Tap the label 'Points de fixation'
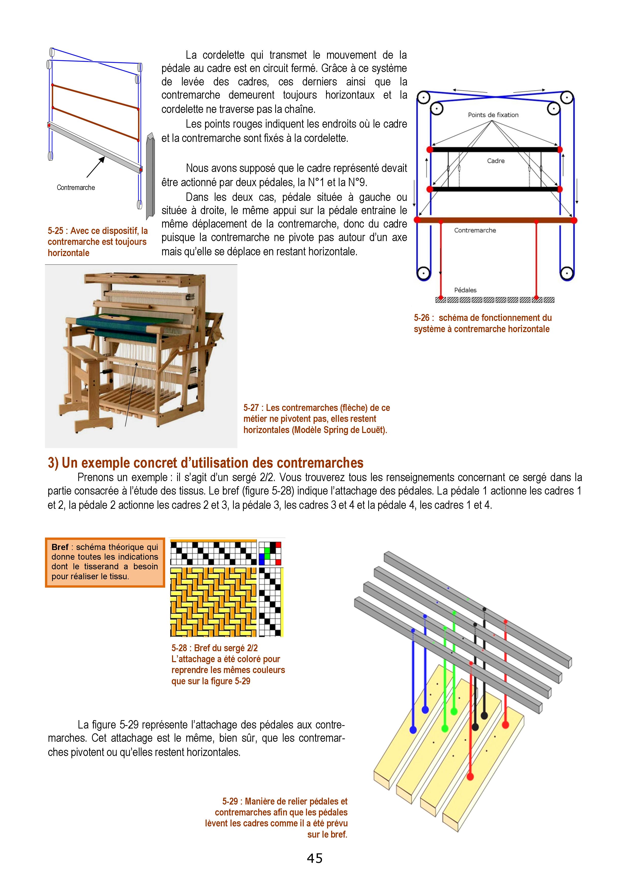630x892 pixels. click(x=493, y=115)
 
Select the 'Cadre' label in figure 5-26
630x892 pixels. click(x=496, y=161)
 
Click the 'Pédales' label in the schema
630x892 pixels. click(x=465, y=290)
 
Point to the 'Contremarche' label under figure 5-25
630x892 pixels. click(x=76, y=188)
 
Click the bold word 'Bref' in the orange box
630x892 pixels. click(x=60, y=547)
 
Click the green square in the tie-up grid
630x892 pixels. click(x=267, y=551)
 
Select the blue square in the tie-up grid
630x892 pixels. click(x=262, y=561)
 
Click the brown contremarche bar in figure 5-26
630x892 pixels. click(x=496, y=220)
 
